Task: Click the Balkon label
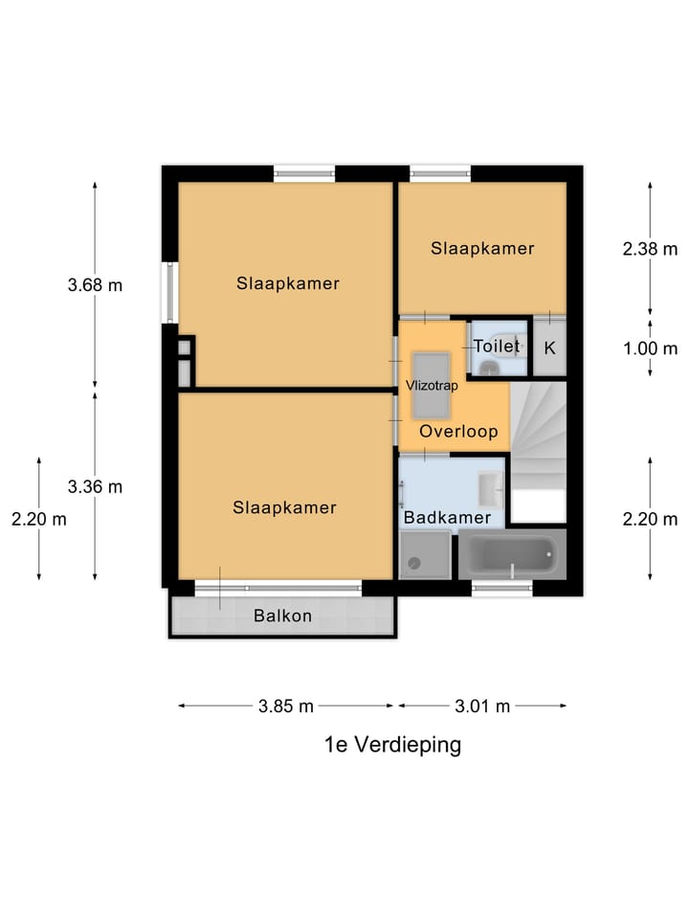tap(282, 616)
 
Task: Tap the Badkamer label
tap(448, 518)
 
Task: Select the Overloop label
tap(458, 432)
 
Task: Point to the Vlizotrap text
tap(432, 386)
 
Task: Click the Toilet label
tap(497, 346)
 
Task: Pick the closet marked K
tap(549, 347)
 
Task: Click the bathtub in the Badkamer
tap(511, 554)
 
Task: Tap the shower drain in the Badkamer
tap(414, 563)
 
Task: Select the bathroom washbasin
tap(490, 489)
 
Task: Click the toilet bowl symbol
tap(489, 368)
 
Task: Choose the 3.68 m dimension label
tap(95, 285)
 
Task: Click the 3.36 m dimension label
tap(95, 486)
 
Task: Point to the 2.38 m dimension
tap(650, 249)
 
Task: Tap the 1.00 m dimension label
tap(650, 348)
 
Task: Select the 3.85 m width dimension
tap(286, 706)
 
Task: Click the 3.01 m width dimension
tap(482, 706)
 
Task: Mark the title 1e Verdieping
tap(392, 745)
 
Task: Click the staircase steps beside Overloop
tap(539, 436)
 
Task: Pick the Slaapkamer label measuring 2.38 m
tap(482, 249)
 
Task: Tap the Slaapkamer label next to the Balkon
tap(285, 507)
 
